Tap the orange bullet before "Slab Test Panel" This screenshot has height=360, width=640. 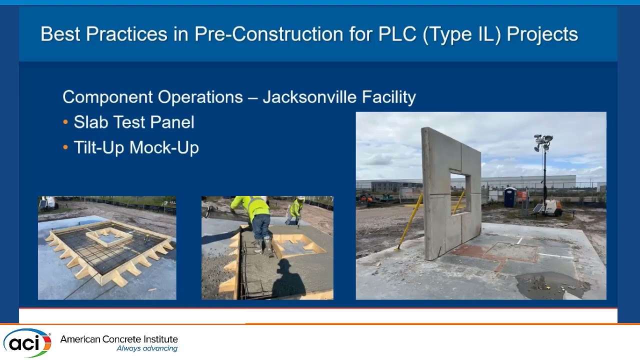click(65, 122)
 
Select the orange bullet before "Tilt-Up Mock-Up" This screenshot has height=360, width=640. click(65, 147)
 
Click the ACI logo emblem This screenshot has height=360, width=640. click(27, 342)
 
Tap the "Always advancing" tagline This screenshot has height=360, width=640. click(147, 348)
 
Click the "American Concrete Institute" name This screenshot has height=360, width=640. click(119, 339)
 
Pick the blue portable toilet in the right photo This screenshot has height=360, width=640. click(509, 197)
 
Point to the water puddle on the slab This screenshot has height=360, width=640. click(550, 285)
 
